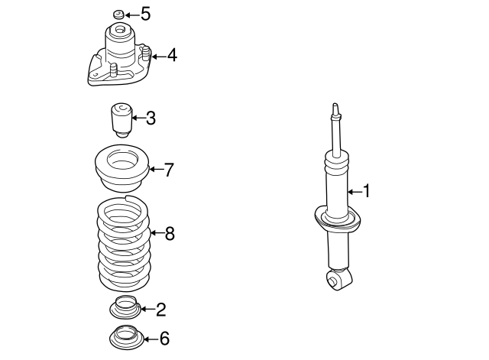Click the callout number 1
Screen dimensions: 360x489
pyautogui.click(x=366, y=191)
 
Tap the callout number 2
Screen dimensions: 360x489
pyautogui.click(x=160, y=310)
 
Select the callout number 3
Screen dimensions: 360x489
pyautogui.click(x=151, y=118)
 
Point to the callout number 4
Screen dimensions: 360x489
pyautogui.click(x=172, y=55)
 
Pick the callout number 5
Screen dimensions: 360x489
pyautogui.click(x=145, y=15)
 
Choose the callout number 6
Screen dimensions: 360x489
pyautogui.click(x=164, y=338)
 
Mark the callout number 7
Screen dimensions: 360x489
pyautogui.click(x=169, y=170)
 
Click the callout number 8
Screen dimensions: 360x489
pyautogui.click(x=170, y=234)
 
